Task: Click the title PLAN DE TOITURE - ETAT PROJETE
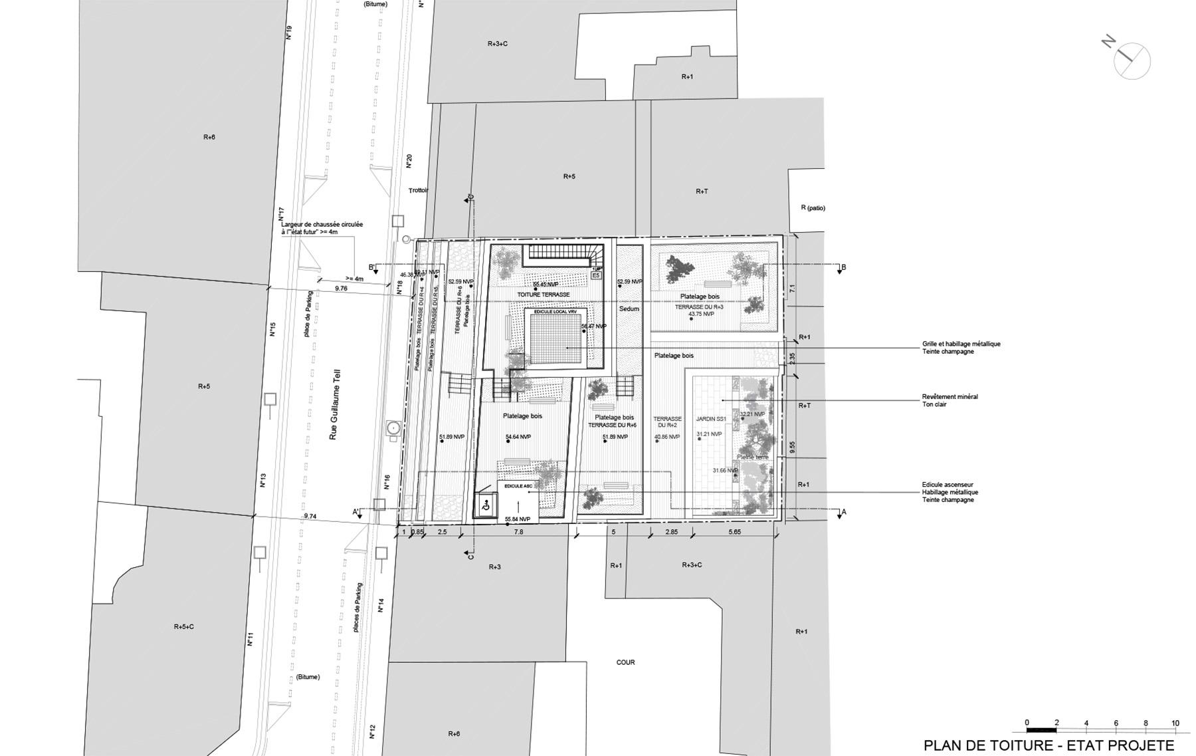pos(1049,745)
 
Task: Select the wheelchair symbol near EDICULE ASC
pos(486,506)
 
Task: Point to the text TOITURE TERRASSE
pos(544,295)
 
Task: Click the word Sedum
pos(629,309)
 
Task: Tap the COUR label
pos(625,662)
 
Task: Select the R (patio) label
pos(813,208)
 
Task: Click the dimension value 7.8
pos(518,532)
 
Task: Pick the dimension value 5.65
pos(734,532)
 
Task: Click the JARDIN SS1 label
pos(710,419)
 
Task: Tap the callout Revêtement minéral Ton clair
pos(949,400)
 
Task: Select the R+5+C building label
pos(184,626)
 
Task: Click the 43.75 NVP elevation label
pos(701,314)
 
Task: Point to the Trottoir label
pos(419,190)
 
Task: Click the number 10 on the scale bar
pos(1175,723)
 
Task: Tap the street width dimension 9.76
pos(341,289)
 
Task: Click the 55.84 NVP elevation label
pos(517,519)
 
